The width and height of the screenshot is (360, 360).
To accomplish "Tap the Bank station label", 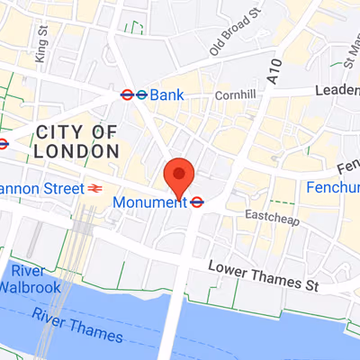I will tap(166, 94).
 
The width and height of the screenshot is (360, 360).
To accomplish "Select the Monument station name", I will tap(149, 203).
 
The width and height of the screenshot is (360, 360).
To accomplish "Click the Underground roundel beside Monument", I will tap(197, 203).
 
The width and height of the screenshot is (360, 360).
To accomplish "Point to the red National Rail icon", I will tap(94, 189).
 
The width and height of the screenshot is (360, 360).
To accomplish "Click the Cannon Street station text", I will tap(40, 189).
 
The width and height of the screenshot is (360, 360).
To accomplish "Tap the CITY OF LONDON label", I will tap(76, 143).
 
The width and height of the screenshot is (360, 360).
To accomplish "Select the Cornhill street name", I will tap(236, 95).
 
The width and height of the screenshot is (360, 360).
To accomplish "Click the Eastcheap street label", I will tap(266, 216).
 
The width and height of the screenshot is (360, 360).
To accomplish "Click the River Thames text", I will tap(76, 325).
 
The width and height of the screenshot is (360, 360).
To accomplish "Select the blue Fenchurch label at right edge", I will tap(333, 188).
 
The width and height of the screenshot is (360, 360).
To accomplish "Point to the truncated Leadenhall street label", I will tap(337, 91).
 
